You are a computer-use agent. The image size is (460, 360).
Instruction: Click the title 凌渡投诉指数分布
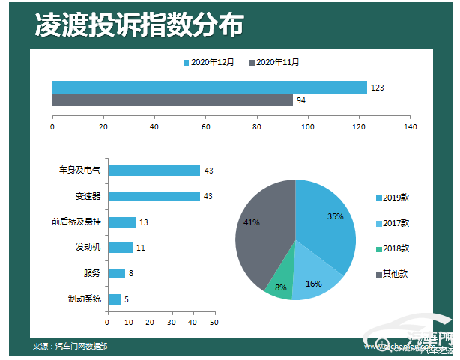tap(139, 25)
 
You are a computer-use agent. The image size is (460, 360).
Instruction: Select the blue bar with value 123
tap(209, 87)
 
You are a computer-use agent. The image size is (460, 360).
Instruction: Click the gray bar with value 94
tap(172, 100)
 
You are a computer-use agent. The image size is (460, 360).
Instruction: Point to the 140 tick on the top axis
tap(410, 127)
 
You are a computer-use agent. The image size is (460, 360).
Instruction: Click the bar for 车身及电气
tap(154, 171)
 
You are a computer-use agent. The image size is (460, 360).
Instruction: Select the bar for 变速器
tap(154, 196)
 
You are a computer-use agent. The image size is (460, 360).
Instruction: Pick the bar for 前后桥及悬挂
tap(121, 222)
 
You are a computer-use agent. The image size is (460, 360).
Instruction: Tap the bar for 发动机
tap(120, 248)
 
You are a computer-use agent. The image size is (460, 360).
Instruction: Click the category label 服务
tap(92, 273)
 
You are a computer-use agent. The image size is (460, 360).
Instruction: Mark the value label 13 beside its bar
tap(144, 222)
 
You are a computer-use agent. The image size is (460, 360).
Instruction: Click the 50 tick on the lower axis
tap(214, 323)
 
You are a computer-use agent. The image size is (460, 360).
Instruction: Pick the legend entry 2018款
tap(395, 248)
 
